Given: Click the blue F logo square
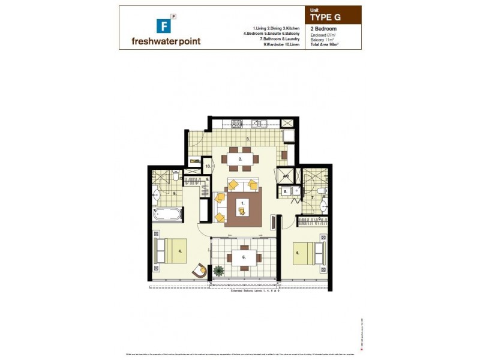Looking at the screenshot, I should pyautogui.click(x=161, y=26).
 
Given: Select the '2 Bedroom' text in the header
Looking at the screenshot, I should pyautogui.click(x=323, y=28).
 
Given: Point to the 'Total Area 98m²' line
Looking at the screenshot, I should pyautogui.click(x=329, y=44).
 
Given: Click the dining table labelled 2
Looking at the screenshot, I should pyautogui.click(x=240, y=159).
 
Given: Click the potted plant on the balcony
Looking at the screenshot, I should pyautogui.click(x=218, y=271).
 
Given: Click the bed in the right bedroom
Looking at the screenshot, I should pyautogui.click(x=308, y=253).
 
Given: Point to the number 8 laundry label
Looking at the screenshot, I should pyautogui.click(x=286, y=192).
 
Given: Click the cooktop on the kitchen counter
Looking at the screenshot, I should pyautogui.click(x=236, y=124).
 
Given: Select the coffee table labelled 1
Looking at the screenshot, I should pyautogui.click(x=243, y=207).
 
